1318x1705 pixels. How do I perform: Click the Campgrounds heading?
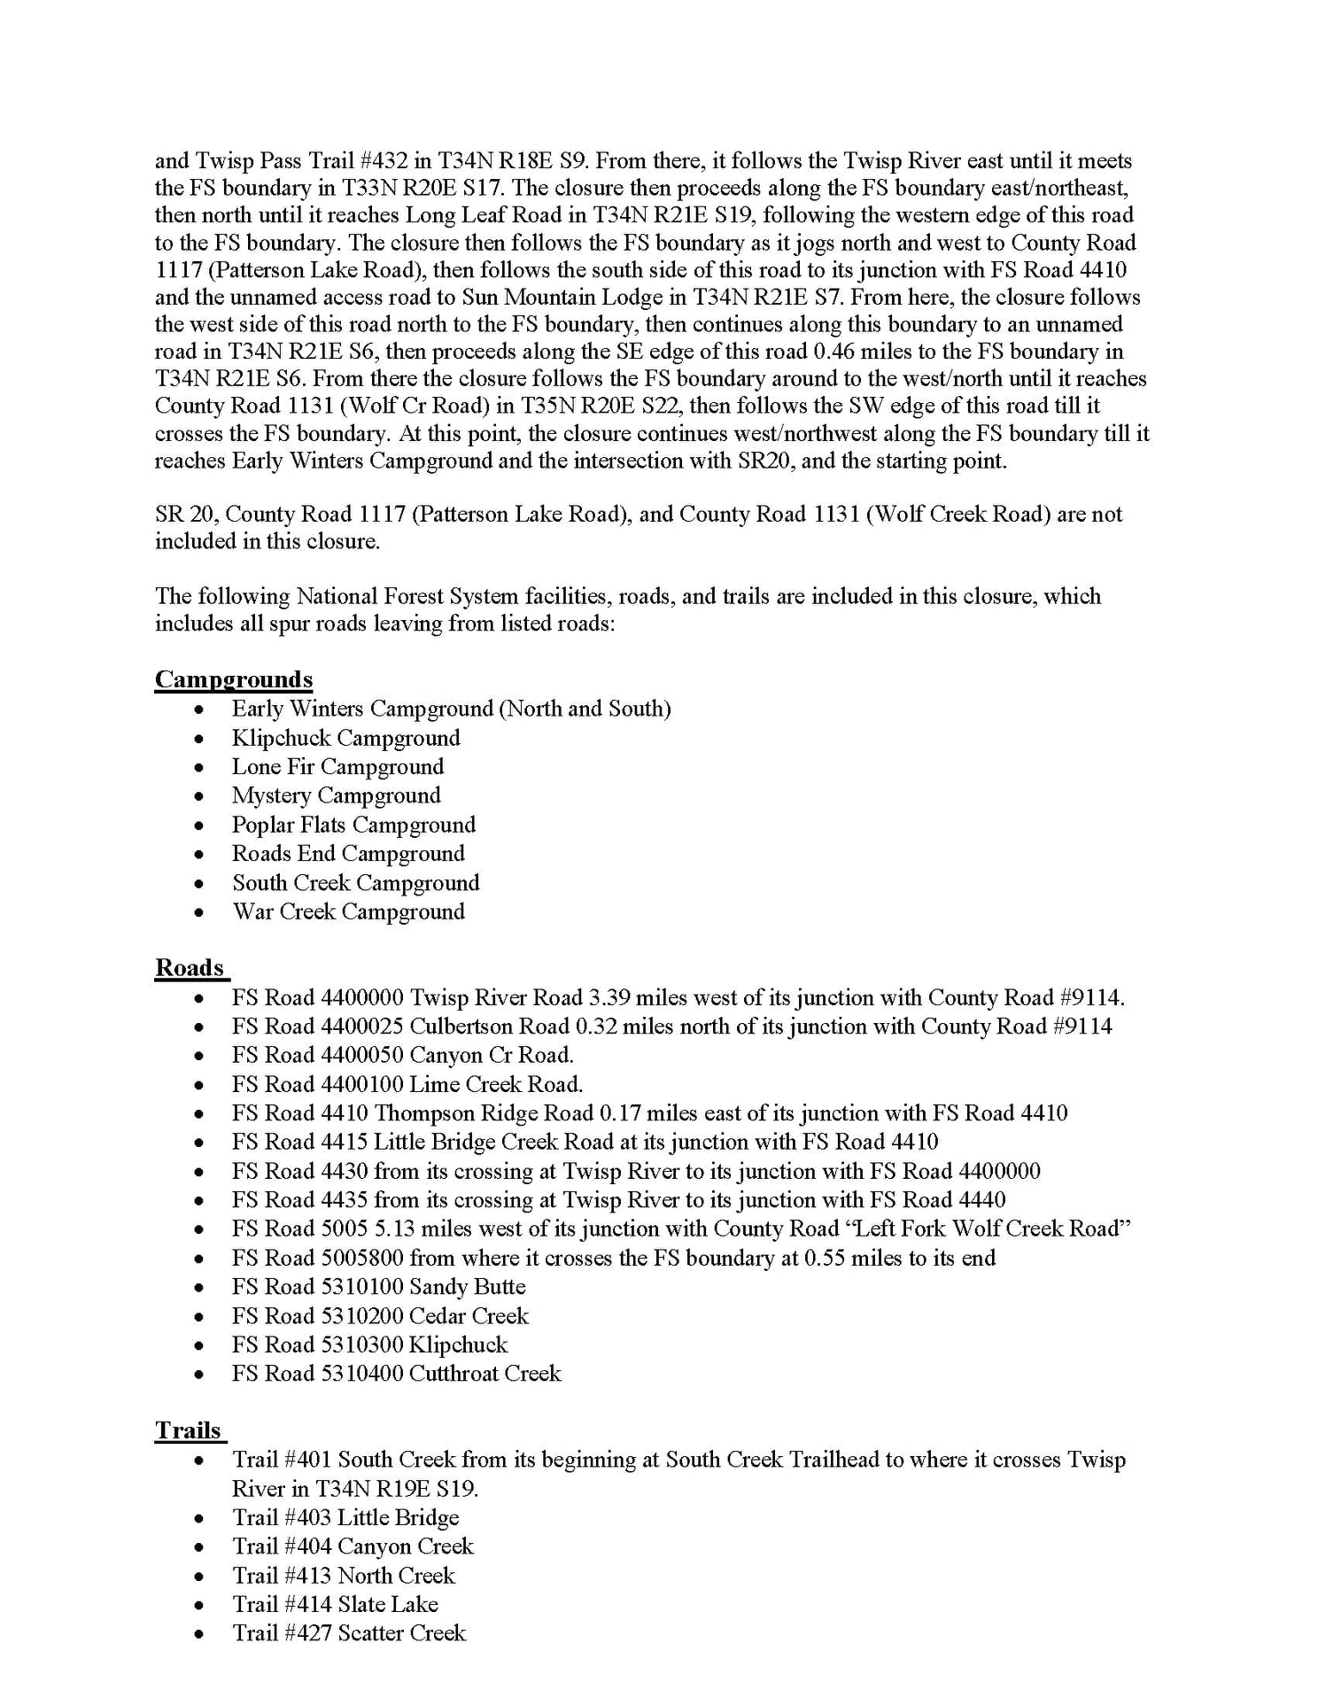tap(234, 679)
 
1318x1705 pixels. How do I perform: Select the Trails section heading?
tap(188, 1430)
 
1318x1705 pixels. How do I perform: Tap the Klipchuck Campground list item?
tap(345, 738)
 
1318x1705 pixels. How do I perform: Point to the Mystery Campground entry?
tap(336, 795)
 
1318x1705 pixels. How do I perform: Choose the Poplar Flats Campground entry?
tap(353, 825)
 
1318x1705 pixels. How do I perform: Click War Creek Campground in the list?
tap(348, 911)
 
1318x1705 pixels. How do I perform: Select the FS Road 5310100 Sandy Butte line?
tap(378, 1286)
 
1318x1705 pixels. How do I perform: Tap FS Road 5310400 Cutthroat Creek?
tap(396, 1373)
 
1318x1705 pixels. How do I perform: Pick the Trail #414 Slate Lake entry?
tap(335, 1604)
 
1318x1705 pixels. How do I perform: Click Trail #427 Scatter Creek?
tap(349, 1632)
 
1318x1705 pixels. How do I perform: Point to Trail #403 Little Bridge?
tap(345, 1517)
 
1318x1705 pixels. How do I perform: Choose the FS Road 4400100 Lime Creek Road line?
tap(407, 1084)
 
